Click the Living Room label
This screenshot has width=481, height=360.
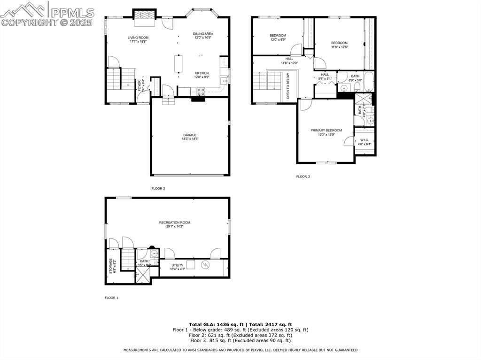click(138, 38)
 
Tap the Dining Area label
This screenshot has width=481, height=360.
click(203, 34)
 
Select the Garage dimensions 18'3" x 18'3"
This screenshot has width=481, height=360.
click(190, 139)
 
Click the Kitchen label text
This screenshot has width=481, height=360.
click(202, 73)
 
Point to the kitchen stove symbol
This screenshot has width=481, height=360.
click(201, 92)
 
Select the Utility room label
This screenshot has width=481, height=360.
click(177, 265)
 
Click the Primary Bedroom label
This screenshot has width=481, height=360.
click(326, 130)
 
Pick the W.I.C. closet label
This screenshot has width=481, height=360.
click(365, 140)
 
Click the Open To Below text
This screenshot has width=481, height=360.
click(288, 86)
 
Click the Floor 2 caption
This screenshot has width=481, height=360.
click(158, 188)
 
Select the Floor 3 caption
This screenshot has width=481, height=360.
click(303, 176)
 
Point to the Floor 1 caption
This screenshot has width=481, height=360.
click(111, 298)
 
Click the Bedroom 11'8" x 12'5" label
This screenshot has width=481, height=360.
click(339, 43)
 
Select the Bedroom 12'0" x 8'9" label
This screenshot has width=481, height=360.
click(278, 36)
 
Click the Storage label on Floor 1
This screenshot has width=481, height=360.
click(111, 266)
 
